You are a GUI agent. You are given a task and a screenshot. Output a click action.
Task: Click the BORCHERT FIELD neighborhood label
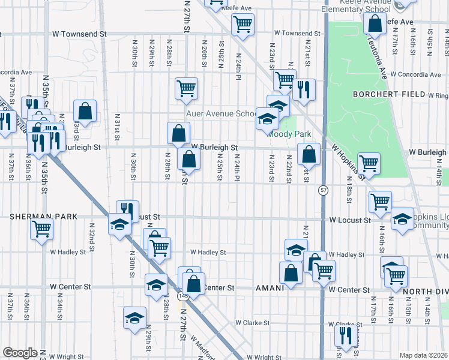[389, 95]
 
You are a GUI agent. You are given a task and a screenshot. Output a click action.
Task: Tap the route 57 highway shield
[323, 190]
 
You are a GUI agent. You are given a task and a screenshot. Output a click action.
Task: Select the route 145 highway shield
[182, 296]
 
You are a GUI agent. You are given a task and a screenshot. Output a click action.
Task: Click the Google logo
[20, 352]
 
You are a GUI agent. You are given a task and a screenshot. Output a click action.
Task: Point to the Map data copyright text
[423, 355]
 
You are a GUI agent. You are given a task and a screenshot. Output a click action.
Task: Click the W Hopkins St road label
[345, 163]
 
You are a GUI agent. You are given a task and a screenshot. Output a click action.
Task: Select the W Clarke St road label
[252, 323]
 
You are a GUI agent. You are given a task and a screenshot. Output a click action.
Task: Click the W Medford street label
[203, 347]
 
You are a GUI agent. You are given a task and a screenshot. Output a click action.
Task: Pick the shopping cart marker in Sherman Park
[41, 228]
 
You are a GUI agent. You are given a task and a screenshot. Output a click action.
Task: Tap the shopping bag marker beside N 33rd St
[85, 110]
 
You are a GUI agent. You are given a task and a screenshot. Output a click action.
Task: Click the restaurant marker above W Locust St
[127, 210]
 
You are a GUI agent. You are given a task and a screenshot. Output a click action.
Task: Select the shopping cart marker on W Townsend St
[243, 25]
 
